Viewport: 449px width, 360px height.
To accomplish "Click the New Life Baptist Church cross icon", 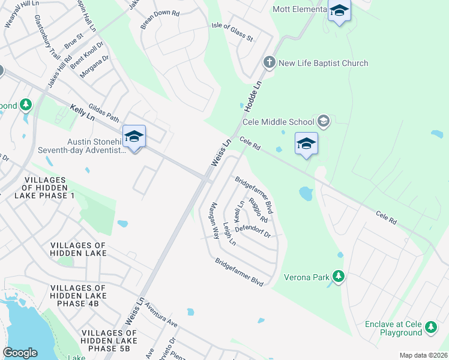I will point(270,62).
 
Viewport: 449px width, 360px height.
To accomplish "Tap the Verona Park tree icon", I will point(339,276).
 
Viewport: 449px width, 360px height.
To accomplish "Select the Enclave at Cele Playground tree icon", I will point(430,327).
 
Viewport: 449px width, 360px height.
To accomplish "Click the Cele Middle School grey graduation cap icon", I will point(324,122).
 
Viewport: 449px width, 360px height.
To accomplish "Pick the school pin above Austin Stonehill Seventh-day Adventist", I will point(134,137).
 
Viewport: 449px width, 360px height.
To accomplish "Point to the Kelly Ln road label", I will point(83,112).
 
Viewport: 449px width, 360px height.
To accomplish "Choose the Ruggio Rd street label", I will point(258,210).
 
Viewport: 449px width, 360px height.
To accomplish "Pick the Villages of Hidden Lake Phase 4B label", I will point(78,296).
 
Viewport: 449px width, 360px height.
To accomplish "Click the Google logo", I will point(20,353).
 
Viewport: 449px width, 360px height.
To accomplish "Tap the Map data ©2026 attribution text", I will point(423,355).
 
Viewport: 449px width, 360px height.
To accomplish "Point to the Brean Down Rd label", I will point(160,20).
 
